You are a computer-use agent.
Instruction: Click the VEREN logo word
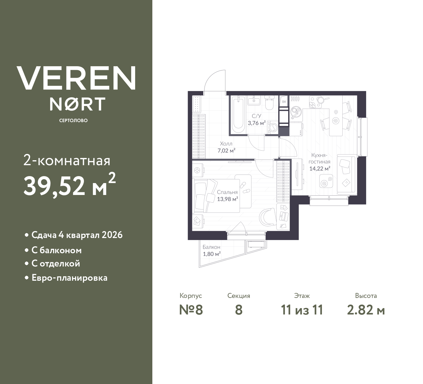76,78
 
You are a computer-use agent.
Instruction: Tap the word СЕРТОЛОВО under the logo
73,120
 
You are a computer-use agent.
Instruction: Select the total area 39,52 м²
69,185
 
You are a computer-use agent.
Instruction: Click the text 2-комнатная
67,161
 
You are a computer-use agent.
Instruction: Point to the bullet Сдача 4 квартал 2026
77,235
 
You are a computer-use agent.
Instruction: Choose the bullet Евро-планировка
69,277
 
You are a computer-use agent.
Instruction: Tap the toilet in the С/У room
270,103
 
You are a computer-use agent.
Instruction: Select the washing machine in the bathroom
273,127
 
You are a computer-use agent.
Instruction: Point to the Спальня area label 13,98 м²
228,199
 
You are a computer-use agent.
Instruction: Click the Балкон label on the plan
211,247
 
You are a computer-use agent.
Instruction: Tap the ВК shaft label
284,102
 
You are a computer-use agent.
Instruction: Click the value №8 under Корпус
191,310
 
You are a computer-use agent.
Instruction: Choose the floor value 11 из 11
302,310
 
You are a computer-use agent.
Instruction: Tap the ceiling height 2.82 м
366,310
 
